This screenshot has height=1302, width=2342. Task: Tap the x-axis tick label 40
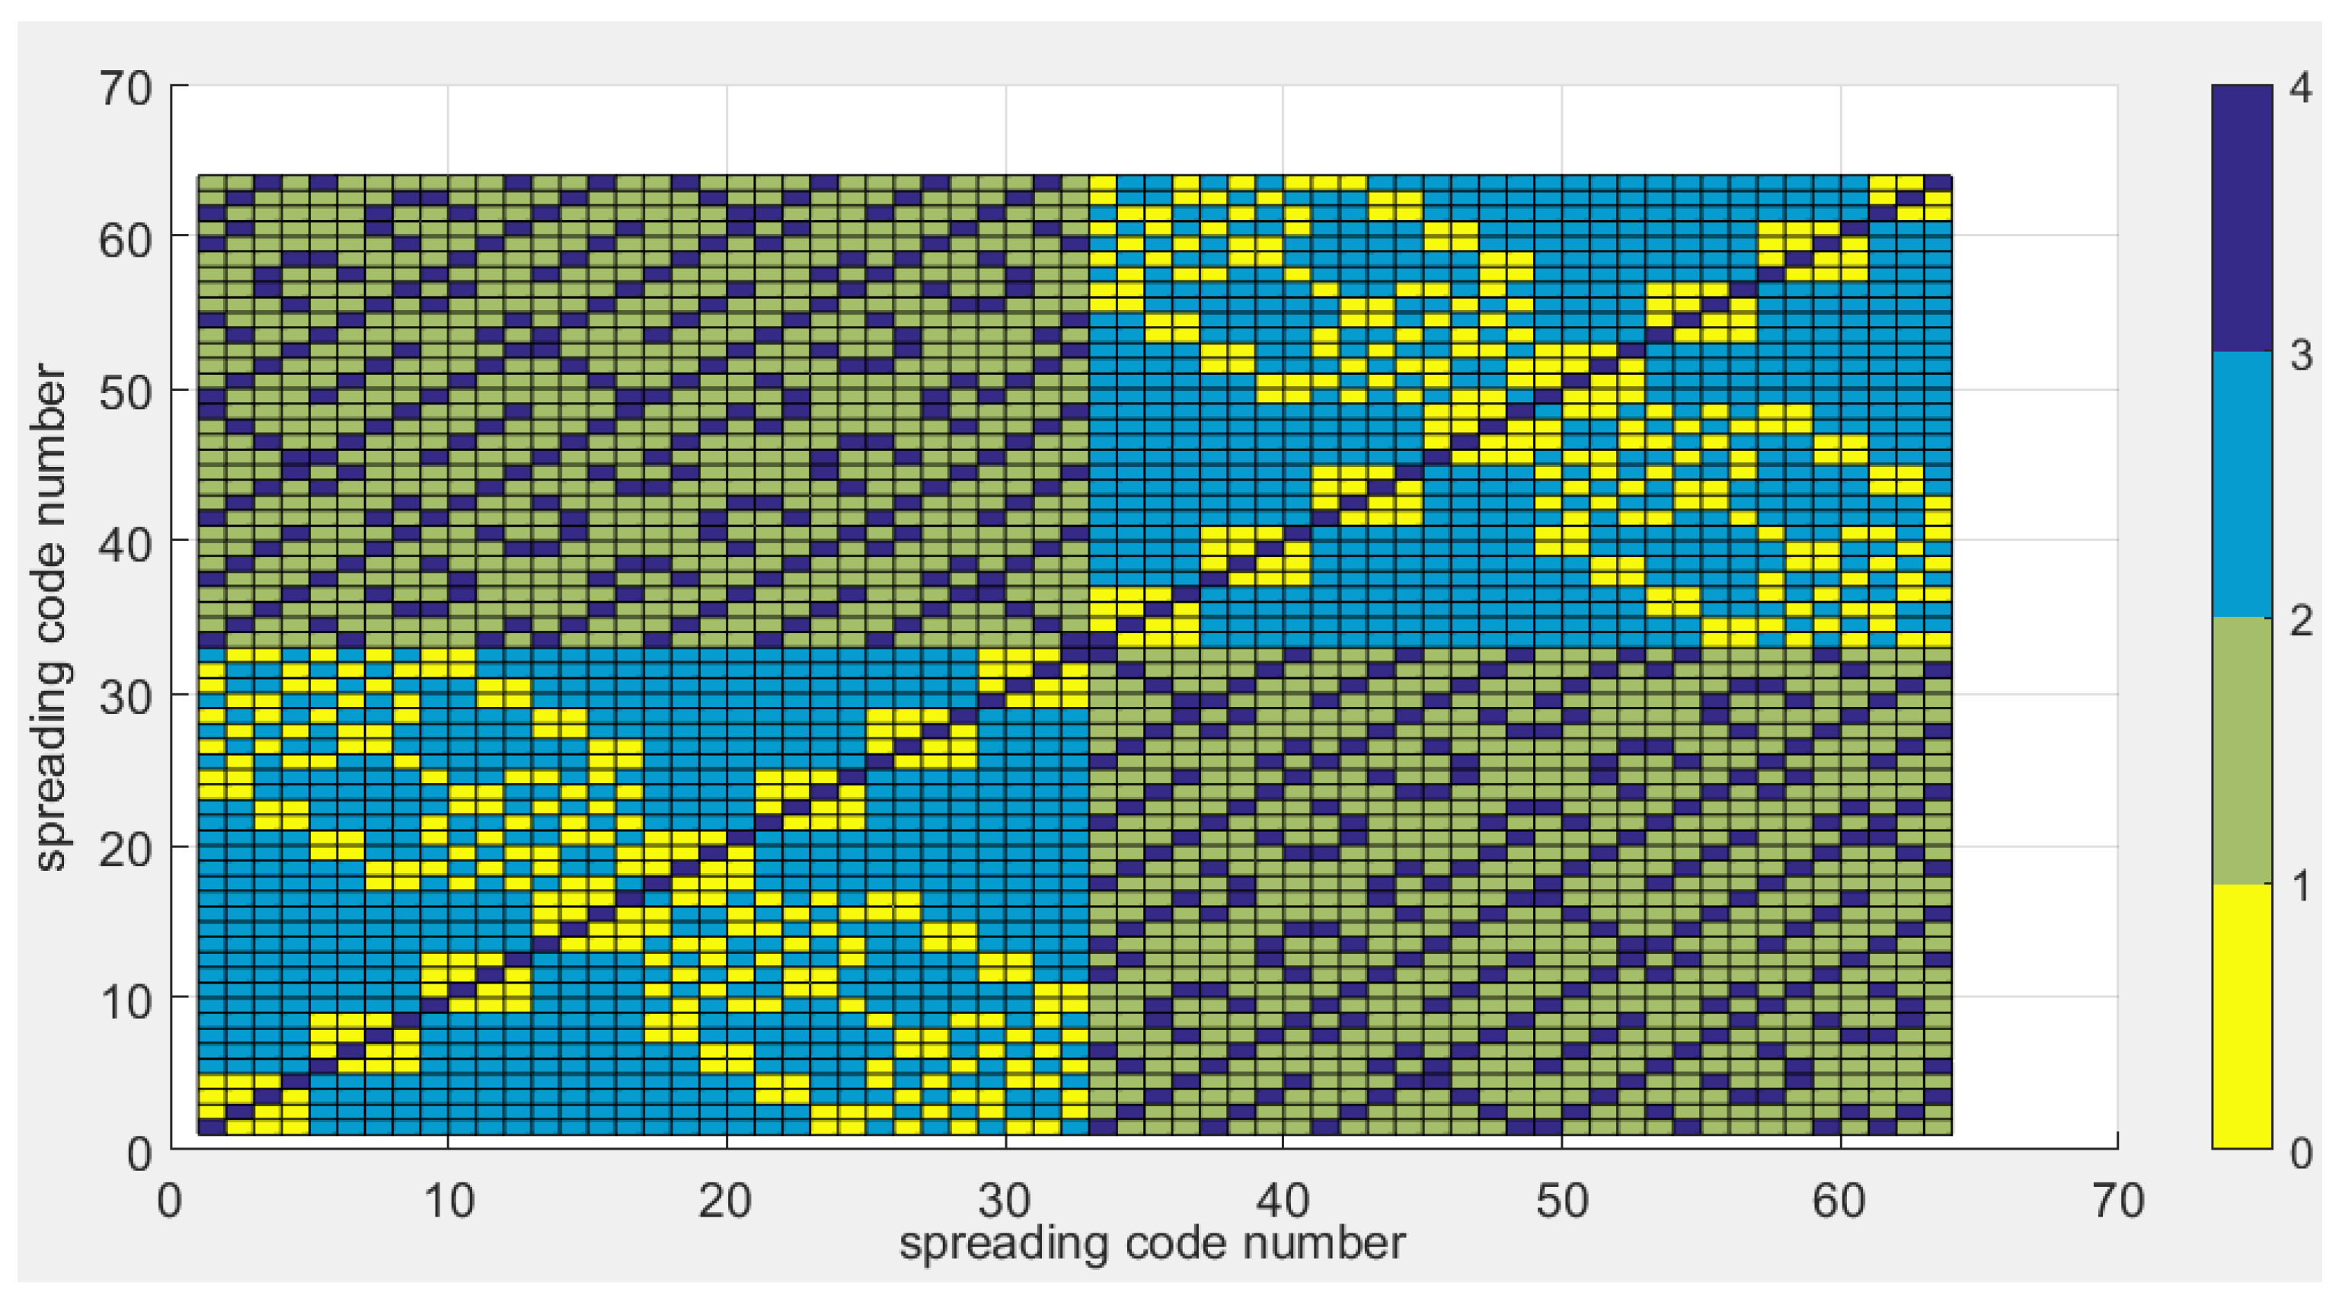coord(1282,1202)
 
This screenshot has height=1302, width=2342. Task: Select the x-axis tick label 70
coord(2118,1202)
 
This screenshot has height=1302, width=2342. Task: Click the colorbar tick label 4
coord(2301,89)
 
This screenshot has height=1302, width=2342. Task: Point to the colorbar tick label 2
coord(2301,621)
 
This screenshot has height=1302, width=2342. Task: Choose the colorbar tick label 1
coord(2301,887)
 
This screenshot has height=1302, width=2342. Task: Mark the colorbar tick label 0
coord(2301,1153)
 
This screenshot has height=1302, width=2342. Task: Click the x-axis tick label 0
coord(169,1202)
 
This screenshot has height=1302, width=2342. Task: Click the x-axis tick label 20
coord(726,1202)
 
